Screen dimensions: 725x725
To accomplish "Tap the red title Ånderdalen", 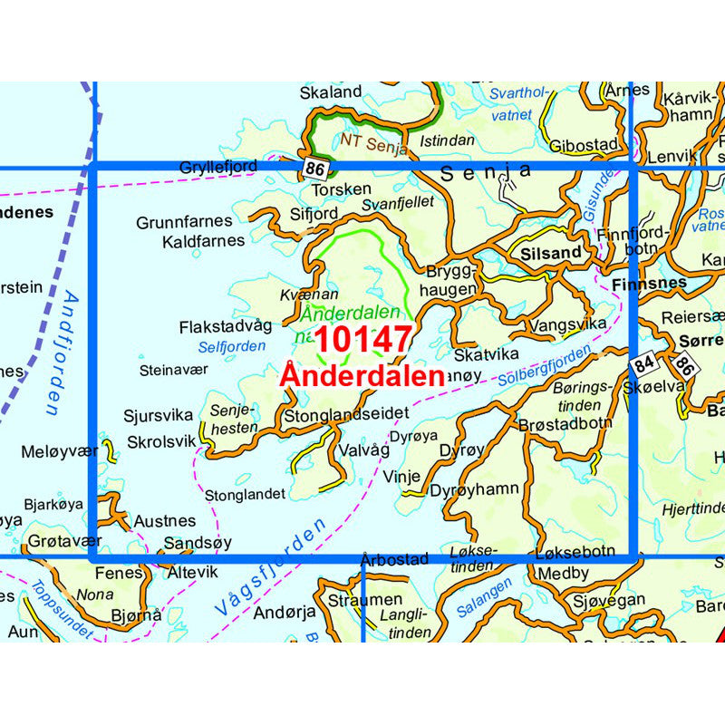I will click(362, 376).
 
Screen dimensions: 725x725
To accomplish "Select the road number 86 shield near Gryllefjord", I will click(314, 169).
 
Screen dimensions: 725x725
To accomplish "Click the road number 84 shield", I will click(643, 365).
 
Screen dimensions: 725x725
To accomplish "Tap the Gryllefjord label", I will click(218, 167).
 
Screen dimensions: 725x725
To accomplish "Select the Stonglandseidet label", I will click(346, 413).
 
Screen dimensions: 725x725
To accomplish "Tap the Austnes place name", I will click(164, 521).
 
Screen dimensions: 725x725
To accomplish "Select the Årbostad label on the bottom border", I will click(393, 559).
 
